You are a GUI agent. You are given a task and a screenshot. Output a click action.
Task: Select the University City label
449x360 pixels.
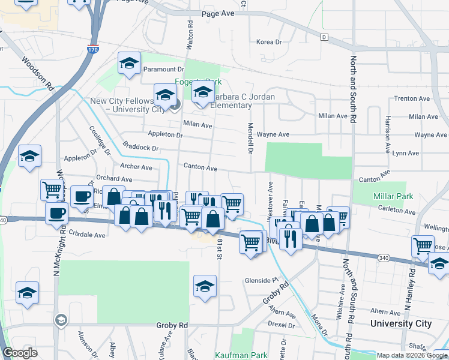click(400, 323)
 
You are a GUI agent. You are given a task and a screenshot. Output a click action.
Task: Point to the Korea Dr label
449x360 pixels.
click(268, 42)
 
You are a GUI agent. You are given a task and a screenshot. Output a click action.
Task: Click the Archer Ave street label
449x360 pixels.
click(136, 167)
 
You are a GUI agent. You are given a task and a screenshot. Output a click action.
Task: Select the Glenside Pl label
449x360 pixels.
click(262, 280)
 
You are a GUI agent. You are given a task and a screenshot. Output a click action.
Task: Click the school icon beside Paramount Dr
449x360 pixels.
click(129, 63)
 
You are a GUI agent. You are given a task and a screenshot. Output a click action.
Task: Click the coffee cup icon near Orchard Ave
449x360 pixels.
click(82, 196)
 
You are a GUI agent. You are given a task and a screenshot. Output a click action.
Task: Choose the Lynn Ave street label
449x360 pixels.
click(405, 153)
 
